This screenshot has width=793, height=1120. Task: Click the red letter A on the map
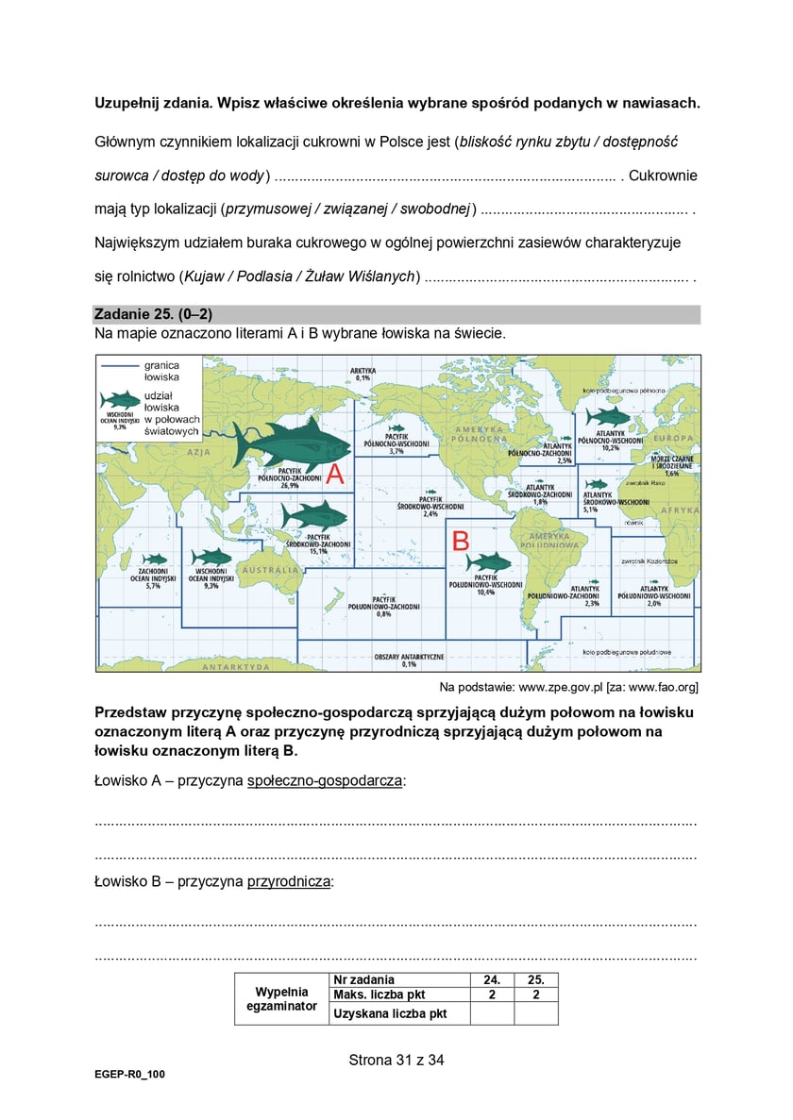(334, 473)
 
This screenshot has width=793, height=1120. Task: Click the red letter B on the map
(461, 541)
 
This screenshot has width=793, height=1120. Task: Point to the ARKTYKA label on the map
(363, 370)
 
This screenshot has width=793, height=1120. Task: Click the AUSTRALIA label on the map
(271, 570)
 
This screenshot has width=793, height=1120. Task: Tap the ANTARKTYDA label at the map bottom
(236, 666)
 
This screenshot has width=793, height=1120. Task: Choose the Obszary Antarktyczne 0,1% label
(409, 659)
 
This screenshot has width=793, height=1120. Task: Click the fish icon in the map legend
(120, 399)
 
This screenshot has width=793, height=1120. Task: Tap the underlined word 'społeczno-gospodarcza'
(324, 780)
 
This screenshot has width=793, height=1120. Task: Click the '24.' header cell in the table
(492, 979)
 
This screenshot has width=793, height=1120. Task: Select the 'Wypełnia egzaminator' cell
(281, 999)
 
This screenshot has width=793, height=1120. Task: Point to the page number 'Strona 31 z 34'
(396, 1060)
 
